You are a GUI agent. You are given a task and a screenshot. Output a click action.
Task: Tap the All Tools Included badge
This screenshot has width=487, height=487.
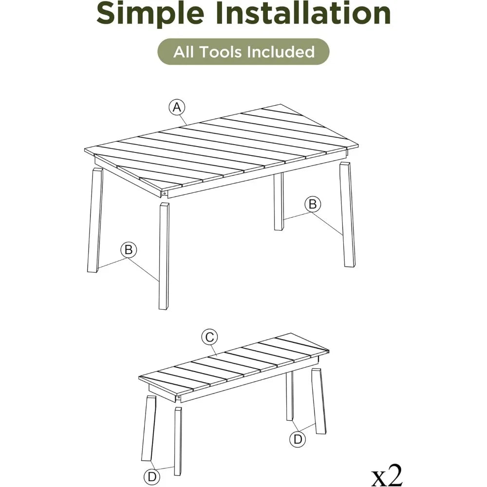click(243, 52)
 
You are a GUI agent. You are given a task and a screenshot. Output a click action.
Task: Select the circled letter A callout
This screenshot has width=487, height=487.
click(177, 107)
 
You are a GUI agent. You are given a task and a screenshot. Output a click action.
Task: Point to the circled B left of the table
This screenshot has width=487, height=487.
click(129, 250)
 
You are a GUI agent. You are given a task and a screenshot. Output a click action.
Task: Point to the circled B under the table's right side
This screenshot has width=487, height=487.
click(313, 205)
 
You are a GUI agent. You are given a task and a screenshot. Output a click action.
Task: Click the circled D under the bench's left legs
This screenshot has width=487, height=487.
click(152, 476)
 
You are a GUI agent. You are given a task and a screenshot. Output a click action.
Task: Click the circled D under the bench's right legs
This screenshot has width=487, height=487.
click(298, 439)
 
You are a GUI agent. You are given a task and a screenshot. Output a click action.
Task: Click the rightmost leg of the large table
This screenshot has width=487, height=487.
click(347, 214)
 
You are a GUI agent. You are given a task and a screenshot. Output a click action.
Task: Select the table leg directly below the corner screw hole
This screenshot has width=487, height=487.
click(164, 256)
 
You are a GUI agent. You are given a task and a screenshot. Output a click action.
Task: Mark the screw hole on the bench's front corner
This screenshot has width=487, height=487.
click(179, 397)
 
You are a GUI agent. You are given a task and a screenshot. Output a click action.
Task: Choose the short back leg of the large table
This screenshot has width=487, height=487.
click(279, 202)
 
